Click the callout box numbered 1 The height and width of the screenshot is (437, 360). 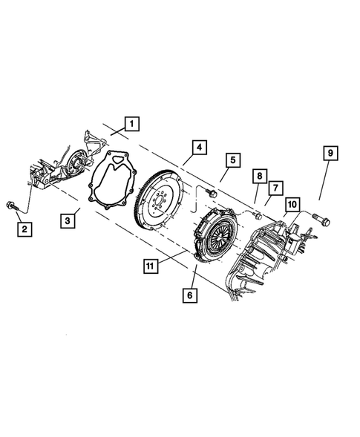131,123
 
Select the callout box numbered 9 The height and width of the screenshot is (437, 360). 330,154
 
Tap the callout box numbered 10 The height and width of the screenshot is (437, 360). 291,203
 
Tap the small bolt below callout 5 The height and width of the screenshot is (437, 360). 211,194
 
